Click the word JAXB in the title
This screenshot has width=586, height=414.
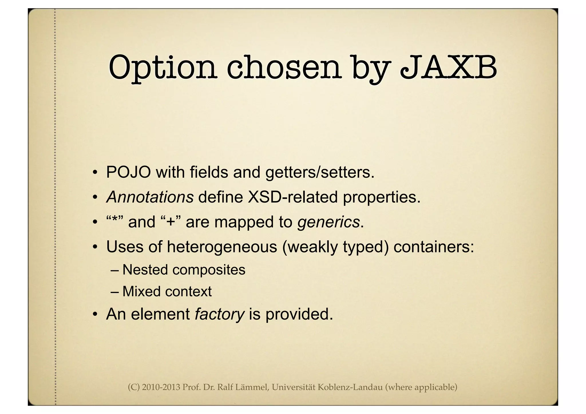point(448,68)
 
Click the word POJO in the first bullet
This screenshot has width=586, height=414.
point(128,173)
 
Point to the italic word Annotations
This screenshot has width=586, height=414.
point(150,197)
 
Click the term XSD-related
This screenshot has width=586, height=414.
point(293,197)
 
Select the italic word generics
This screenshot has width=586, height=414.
point(328,222)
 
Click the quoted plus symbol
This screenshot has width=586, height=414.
point(171,222)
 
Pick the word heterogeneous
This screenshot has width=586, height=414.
point(222,247)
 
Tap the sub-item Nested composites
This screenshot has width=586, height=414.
point(184,270)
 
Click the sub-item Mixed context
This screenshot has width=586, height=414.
point(167,292)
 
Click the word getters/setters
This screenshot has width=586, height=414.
point(320,173)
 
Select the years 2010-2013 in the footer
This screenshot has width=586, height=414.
point(161,387)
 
